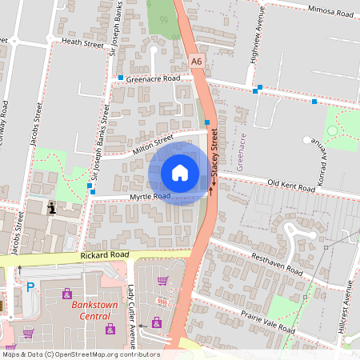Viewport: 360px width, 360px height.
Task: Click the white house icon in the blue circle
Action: [x=180, y=172]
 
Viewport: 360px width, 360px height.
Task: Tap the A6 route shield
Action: [x=197, y=60]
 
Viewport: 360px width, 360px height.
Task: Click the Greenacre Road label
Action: [x=153, y=79]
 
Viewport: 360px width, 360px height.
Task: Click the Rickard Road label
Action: [x=104, y=255]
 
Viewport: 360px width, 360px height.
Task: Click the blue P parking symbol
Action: [x=30, y=287]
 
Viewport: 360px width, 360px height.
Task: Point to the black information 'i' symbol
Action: [x=52, y=209]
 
